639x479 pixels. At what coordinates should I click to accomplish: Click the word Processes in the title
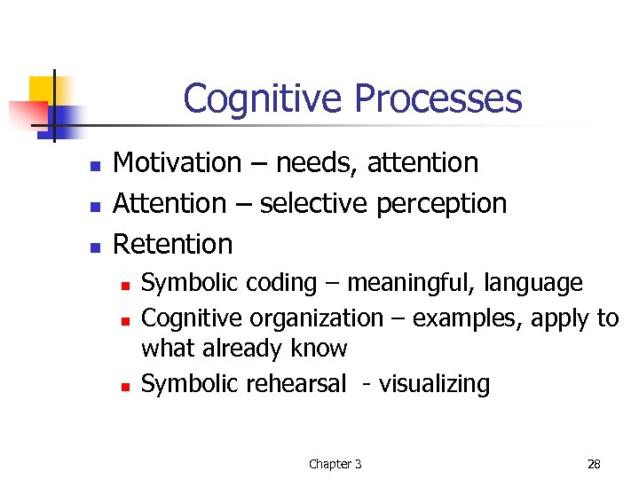click(x=437, y=98)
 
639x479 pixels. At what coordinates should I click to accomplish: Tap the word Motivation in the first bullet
click(x=177, y=163)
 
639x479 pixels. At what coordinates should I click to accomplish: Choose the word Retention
click(x=173, y=244)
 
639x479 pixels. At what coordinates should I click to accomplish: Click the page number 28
click(x=594, y=464)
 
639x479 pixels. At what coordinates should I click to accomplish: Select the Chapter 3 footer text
click(x=335, y=464)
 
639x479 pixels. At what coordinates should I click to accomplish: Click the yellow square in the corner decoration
click(x=43, y=90)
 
